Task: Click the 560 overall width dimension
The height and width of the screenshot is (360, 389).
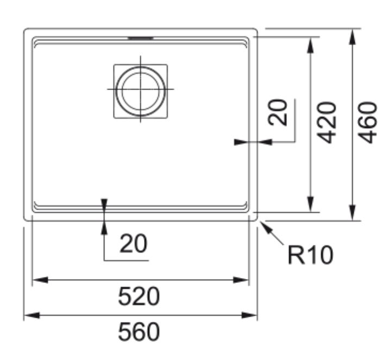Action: click(139, 332)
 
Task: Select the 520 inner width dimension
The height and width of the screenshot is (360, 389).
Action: click(139, 296)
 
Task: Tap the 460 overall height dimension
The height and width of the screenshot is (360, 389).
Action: click(367, 123)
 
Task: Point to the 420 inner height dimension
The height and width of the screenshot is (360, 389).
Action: click(327, 123)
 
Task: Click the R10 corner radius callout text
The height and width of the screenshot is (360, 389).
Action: click(310, 255)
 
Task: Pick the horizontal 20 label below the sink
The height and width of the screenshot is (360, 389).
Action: click(133, 243)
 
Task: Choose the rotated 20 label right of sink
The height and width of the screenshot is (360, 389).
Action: click(278, 112)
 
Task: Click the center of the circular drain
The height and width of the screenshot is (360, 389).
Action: click(140, 89)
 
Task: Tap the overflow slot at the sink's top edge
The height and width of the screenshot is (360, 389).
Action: click(141, 38)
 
